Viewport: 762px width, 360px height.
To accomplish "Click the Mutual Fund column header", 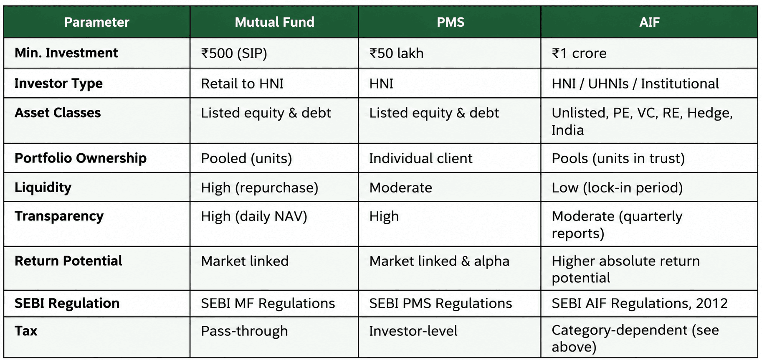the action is point(274,22).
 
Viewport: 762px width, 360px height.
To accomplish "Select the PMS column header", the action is point(450,22).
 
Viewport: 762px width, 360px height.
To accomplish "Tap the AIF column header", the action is point(649,22).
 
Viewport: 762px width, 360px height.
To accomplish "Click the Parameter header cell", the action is point(97,22).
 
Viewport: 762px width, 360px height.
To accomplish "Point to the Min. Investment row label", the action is point(66,53).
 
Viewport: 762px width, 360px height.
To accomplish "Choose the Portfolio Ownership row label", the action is point(81,158).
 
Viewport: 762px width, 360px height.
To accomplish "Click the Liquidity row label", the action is point(43,188).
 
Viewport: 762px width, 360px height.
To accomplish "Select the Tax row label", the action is point(26,331).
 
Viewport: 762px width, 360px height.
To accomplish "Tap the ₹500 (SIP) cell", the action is point(234,53).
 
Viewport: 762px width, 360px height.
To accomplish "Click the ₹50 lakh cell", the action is point(396,53).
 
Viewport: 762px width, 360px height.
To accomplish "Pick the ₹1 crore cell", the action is point(579,53).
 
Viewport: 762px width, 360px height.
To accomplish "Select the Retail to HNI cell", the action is point(242,84).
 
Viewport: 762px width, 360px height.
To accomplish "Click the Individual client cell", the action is point(421,158).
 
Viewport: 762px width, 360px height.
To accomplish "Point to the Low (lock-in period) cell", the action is point(617,188).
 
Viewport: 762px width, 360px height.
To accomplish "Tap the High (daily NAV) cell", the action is point(254,216).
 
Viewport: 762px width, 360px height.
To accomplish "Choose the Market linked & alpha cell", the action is point(439,261).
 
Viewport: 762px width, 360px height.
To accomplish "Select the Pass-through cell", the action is point(244,331).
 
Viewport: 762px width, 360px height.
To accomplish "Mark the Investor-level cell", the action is point(413,331).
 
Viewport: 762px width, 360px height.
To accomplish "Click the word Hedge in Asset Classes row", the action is point(710,113).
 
